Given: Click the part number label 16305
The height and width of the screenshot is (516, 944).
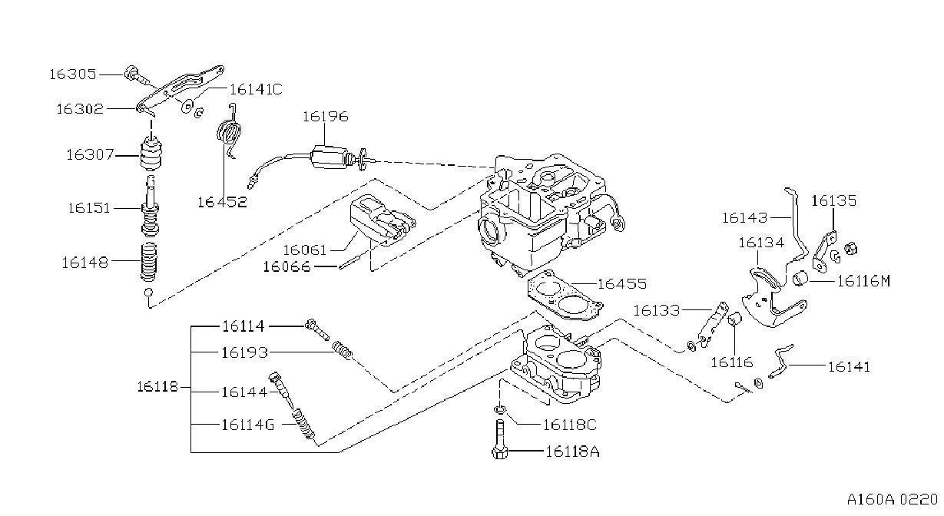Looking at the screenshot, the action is (73, 74).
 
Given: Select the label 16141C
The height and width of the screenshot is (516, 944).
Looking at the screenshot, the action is (256, 90).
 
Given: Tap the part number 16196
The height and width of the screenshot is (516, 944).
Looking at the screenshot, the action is (326, 116).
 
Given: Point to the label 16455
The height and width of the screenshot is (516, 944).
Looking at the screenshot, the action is (622, 284).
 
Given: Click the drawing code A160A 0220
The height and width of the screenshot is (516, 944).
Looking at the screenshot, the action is (893, 500).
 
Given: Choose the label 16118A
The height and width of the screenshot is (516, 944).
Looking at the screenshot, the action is (572, 452).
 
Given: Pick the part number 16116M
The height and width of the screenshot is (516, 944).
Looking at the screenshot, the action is (863, 281).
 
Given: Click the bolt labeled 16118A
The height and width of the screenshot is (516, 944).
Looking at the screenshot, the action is (500, 440).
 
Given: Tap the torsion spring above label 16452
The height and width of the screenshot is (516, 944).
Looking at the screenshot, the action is (229, 131).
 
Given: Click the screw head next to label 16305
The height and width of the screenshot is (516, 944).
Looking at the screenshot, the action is (131, 72).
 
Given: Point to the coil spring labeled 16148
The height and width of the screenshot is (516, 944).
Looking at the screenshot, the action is (148, 262).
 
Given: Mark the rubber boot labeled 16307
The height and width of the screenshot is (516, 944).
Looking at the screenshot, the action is (151, 153).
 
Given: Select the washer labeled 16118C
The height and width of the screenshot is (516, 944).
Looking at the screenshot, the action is (499, 409).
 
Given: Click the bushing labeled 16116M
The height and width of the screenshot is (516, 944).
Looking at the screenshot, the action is (800, 279).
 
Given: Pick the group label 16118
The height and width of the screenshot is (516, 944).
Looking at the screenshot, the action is (157, 387).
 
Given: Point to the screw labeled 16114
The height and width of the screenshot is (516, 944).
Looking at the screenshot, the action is (317, 329).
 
